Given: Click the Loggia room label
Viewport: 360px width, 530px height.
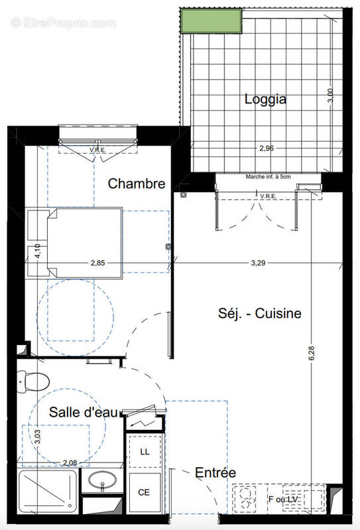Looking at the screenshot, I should [265, 99].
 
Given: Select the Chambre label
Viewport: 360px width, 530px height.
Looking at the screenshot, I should [136, 184].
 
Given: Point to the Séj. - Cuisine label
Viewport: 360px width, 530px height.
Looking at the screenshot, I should [259, 313].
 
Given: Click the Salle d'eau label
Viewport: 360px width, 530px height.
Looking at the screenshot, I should [84, 412].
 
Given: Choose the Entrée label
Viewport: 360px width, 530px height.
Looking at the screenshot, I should [215, 472].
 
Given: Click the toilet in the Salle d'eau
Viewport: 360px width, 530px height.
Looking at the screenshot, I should [32, 381].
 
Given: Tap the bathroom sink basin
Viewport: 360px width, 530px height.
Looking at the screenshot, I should [103, 482].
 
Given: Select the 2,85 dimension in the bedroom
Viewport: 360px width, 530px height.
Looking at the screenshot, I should [98, 263].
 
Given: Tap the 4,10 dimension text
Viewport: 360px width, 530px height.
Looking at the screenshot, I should [38, 252].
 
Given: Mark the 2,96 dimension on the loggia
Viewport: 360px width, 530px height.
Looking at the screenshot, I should [266, 148].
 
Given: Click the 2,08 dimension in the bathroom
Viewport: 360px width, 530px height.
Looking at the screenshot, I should [70, 462].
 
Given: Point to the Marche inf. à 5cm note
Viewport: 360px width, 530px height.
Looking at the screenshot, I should [269, 176].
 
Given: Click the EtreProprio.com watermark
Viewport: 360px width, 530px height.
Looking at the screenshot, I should [63, 23].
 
